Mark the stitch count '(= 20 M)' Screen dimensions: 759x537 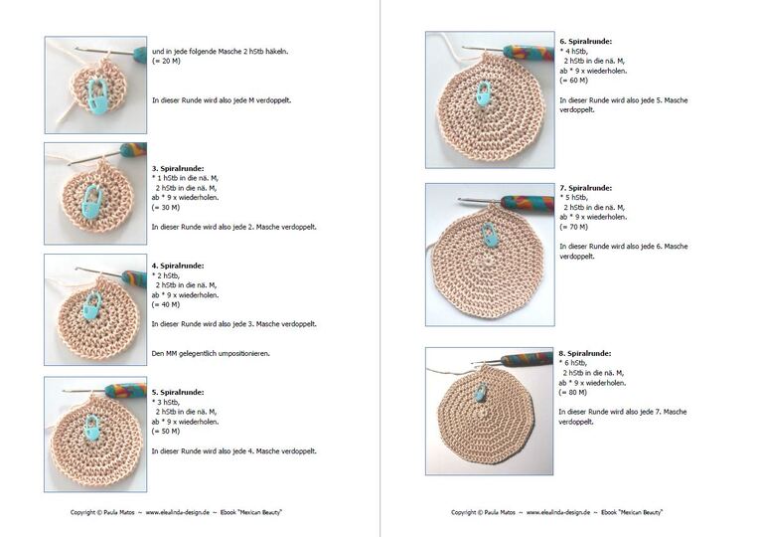[x=166, y=61]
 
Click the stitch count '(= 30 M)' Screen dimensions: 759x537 [x=166, y=208]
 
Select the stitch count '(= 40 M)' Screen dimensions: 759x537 [x=166, y=305]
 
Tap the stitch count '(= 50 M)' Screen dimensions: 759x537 [x=166, y=432]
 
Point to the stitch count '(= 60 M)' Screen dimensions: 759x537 [x=573, y=81]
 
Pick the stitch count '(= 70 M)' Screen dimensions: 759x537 [x=573, y=227]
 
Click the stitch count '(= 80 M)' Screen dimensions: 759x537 [x=572, y=393]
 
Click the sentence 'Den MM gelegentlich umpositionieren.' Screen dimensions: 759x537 [x=211, y=354]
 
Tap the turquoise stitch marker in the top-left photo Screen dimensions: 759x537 [x=98, y=96]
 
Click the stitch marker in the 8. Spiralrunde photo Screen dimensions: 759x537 [x=480, y=392]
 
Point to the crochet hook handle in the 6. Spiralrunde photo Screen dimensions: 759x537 [x=529, y=53]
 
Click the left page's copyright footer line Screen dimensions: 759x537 [x=176, y=512]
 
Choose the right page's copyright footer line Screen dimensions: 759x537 [x=556, y=512]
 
